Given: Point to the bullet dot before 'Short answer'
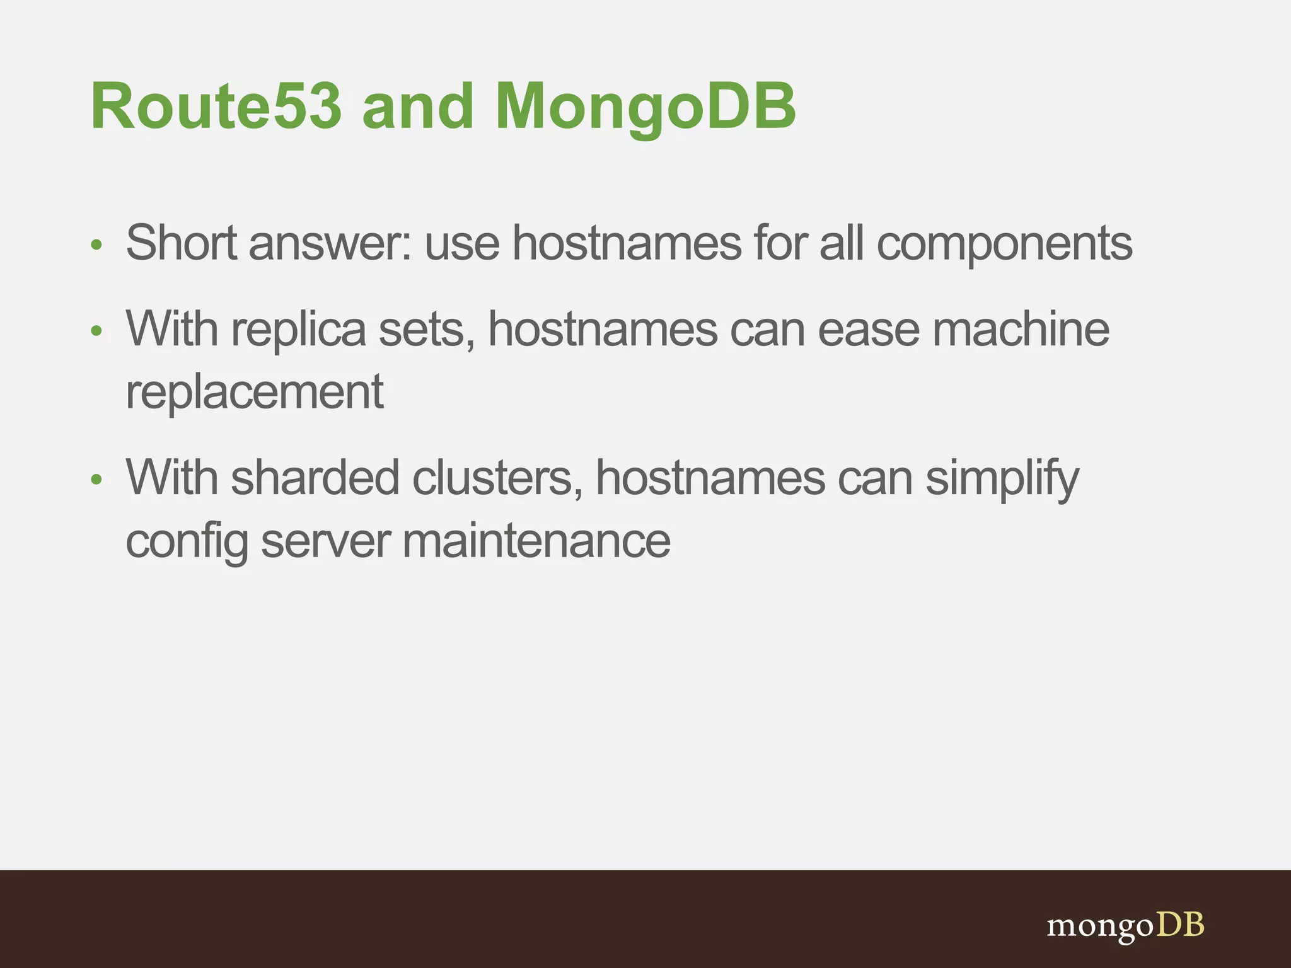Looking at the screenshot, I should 96,245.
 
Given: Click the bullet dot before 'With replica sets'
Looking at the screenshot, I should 96,331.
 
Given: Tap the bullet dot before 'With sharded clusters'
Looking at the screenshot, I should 96,480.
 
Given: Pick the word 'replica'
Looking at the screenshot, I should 298,330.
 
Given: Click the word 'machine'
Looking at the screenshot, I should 1021,329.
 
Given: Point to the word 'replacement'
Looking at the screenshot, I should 255,393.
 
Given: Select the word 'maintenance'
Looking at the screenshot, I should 536,541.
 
